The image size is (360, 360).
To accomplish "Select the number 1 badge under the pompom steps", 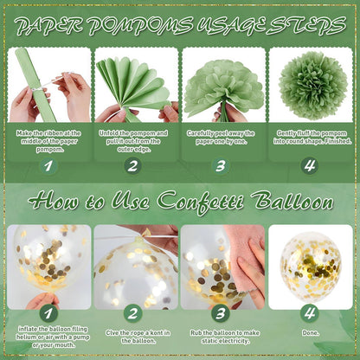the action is coord(48,166).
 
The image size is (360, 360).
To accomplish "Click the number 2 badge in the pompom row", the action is coord(132,166).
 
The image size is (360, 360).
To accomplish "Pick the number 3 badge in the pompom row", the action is coord(221,166).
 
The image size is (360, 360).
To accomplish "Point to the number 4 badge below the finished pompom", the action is coord(310,166).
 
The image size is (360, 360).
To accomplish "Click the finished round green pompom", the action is coord(313,86).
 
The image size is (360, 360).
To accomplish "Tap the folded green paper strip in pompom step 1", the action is coord(37,85).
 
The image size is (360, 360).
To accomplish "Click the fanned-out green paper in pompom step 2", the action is coord(132,85).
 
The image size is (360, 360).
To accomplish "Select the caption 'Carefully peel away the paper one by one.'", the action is coord(221,138).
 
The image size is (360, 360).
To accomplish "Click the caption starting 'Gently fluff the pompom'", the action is coord(312,138).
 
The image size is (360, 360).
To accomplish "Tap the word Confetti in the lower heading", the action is coord(201,202).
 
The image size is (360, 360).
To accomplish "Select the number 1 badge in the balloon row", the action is coord(48,313).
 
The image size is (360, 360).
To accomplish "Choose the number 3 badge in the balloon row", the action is coord(221,313).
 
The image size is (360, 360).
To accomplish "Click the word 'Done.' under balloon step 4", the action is coord(311,333).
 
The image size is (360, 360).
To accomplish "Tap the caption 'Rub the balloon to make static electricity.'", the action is coord(225,337).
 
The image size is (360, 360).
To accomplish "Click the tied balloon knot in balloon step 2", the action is coord(140,237).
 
